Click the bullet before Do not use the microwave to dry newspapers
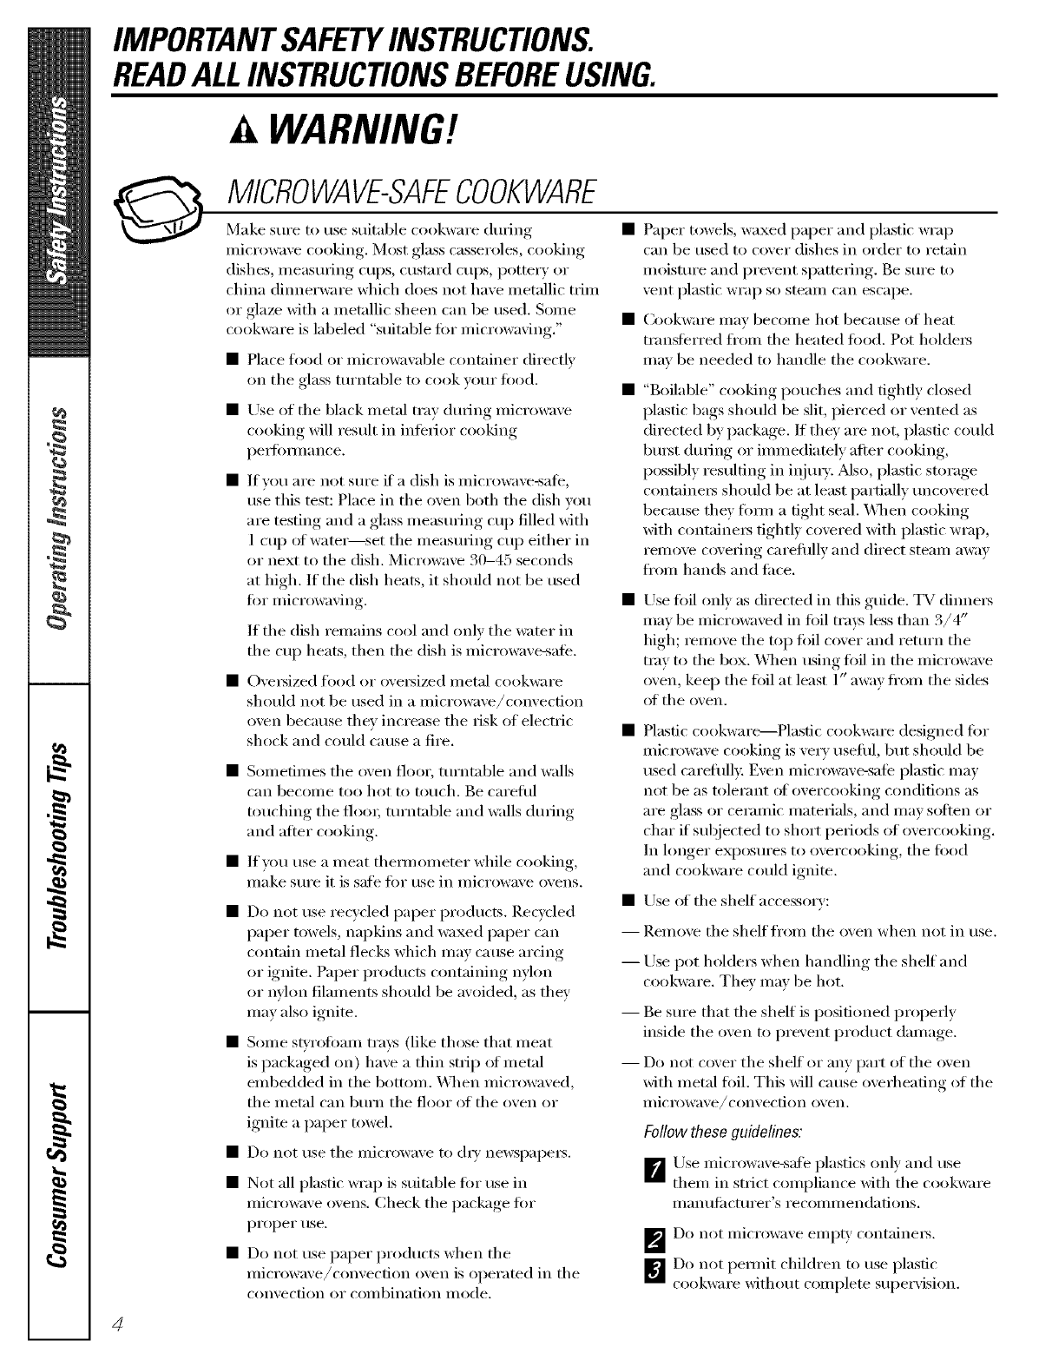pos(231,1153)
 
